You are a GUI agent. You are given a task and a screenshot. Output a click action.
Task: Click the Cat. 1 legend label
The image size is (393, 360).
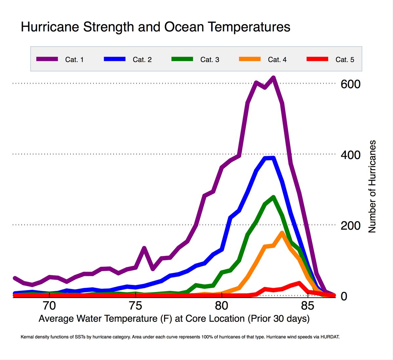point(74,60)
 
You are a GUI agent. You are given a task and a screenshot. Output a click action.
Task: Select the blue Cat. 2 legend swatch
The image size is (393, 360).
point(115,59)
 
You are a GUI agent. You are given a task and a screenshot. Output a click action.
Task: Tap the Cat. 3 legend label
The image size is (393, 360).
point(210,60)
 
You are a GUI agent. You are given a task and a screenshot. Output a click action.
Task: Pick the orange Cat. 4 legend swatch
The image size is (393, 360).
point(250,59)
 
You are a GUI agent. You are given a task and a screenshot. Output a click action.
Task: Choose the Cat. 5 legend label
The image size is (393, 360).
point(345,60)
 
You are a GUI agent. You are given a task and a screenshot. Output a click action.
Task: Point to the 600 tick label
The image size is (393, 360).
point(350,84)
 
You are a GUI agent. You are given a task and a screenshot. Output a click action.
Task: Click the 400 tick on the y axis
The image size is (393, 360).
point(350,155)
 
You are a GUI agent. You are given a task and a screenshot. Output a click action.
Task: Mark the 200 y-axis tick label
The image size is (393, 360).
point(350,225)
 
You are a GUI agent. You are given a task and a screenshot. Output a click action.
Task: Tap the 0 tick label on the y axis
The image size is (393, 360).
point(344,296)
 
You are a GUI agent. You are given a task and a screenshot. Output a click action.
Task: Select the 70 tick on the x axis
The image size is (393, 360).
point(49,306)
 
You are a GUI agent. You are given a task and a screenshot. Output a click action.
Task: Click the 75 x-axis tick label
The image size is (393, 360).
point(135,306)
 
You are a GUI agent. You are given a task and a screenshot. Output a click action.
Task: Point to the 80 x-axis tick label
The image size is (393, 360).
point(221,306)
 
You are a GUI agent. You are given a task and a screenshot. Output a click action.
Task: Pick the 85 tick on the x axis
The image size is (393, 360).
point(308,306)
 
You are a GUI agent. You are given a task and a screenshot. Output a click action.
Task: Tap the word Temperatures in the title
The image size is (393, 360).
point(249,27)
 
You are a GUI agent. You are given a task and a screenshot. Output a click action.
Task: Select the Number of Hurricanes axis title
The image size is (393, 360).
point(372,187)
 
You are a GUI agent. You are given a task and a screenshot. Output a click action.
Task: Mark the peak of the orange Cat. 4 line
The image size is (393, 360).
point(282,233)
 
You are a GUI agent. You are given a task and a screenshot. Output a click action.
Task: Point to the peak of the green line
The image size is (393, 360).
point(273,197)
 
